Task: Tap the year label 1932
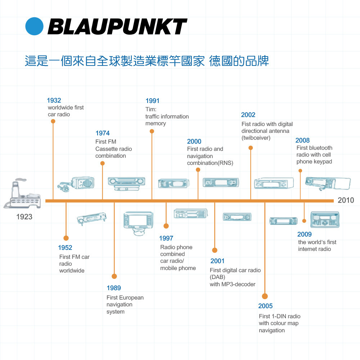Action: coord(54,100)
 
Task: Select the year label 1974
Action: coord(103,133)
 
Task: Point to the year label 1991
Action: coord(152,101)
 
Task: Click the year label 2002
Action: coord(248,115)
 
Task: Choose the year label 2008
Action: coord(302,140)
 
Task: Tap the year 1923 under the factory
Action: coord(24,217)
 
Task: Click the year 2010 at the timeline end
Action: coord(346,200)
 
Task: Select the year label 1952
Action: coord(65,248)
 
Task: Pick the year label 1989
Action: coord(114,288)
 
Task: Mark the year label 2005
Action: coord(265,306)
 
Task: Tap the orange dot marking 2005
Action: coord(265,296)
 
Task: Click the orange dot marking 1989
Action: coord(114,276)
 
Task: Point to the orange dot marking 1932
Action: coord(53,121)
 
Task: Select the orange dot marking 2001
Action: coord(215,250)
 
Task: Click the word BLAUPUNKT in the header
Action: coord(117,27)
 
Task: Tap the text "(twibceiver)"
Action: coord(256,138)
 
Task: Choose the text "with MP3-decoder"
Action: coord(233,284)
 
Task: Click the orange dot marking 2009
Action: coord(304,221)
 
